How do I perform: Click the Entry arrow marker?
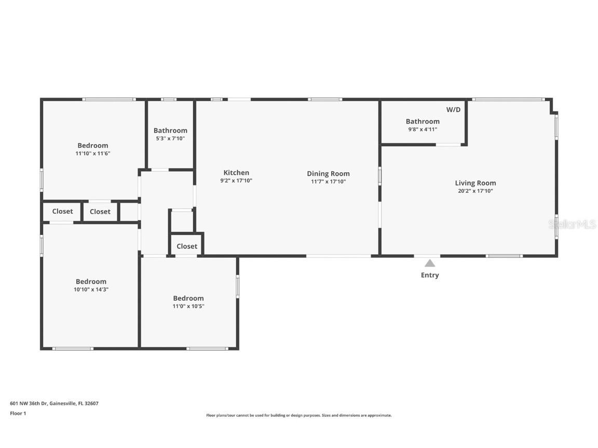[x=429, y=263]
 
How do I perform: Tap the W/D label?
[x=453, y=109]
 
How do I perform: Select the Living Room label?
[x=475, y=183]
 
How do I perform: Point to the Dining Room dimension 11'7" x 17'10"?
[x=328, y=181]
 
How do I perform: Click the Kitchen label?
[x=236, y=173]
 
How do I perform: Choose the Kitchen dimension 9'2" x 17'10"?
[x=236, y=180]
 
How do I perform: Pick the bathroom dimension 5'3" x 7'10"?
[x=170, y=138]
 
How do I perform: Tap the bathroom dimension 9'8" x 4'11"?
[x=423, y=129]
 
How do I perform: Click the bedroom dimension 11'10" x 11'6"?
[x=93, y=153]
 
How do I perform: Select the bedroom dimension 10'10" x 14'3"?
[x=91, y=289]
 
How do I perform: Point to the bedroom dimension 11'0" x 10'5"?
[x=188, y=306]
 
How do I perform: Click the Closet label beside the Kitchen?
[x=187, y=246]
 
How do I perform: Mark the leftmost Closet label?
[x=62, y=211]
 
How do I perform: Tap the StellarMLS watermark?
[x=572, y=225]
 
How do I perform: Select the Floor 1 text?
[x=18, y=413]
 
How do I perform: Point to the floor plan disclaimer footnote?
[x=298, y=415]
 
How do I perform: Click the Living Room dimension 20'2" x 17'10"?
[x=475, y=191]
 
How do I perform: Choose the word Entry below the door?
[x=429, y=275]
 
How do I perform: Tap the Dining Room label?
[x=328, y=174]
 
